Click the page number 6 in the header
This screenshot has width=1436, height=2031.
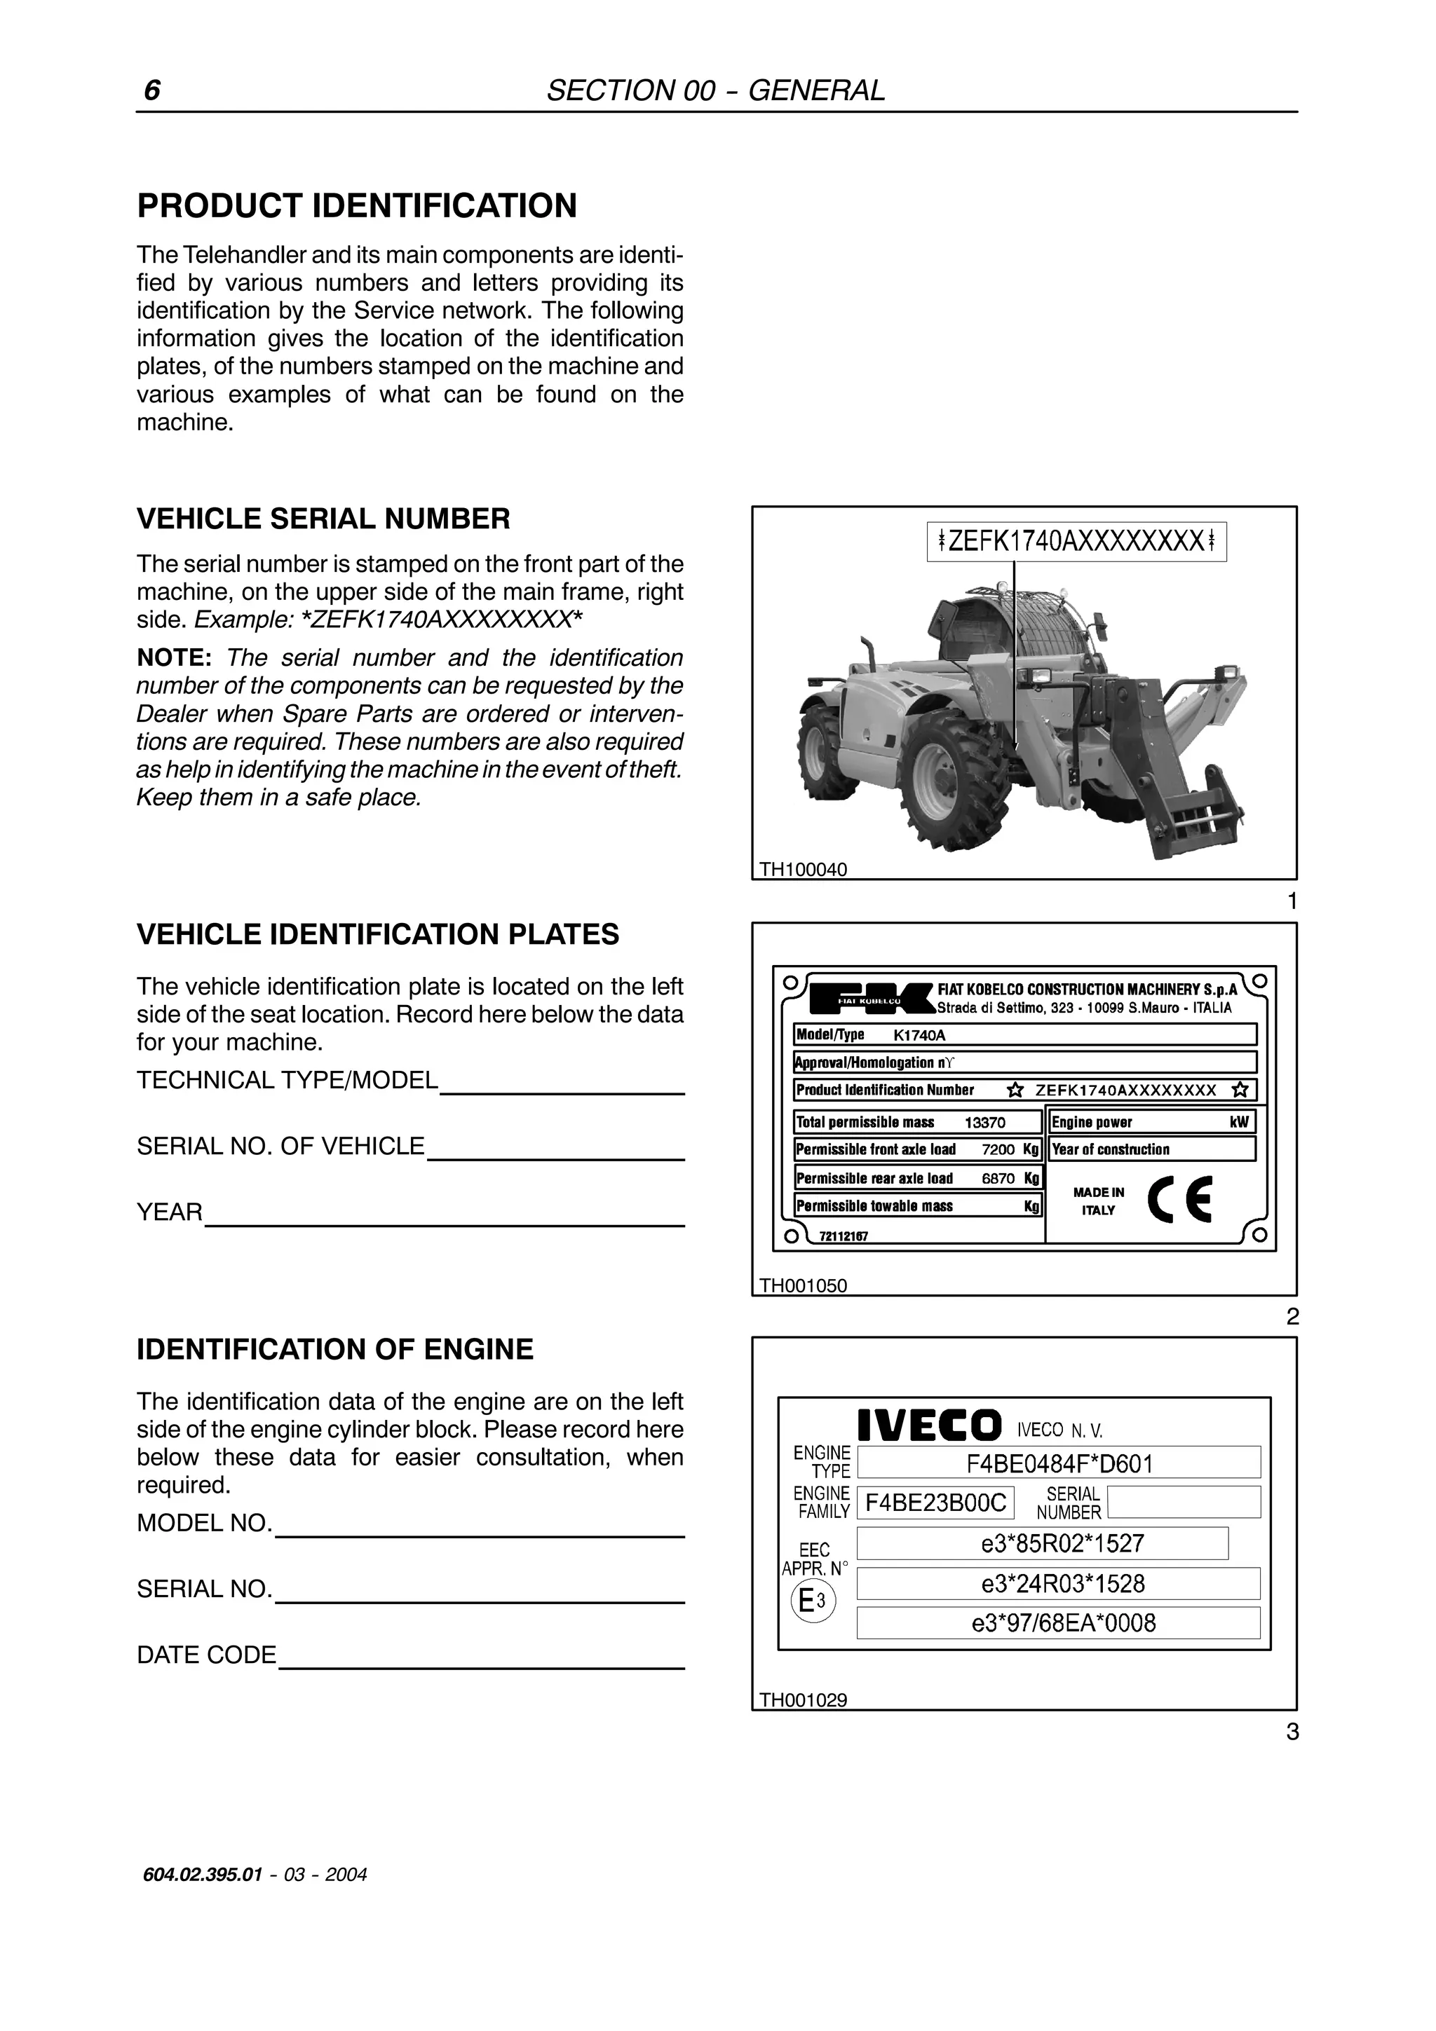[x=152, y=91]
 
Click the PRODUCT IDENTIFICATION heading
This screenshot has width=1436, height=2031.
[x=357, y=206]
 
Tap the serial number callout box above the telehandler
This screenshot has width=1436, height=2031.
[x=1077, y=541]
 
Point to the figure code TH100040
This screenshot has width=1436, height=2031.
[x=804, y=870]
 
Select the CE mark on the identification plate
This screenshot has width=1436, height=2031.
[x=1179, y=1200]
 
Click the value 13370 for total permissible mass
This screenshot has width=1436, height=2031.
[x=984, y=1123]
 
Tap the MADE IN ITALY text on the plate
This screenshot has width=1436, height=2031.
[x=1098, y=1201]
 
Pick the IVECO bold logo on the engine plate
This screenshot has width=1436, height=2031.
[x=930, y=1426]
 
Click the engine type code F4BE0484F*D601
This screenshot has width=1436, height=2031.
[x=1059, y=1464]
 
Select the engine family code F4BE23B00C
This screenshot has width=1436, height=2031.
[x=935, y=1503]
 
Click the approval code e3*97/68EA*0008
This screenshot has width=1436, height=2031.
[x=1058, y=1623]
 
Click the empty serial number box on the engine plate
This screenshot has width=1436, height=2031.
[x=1184, y=1502]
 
